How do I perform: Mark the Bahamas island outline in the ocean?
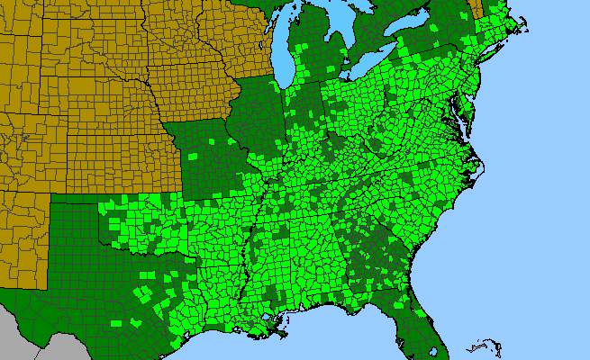pos(487,346)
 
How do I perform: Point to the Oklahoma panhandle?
pos(76,200)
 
